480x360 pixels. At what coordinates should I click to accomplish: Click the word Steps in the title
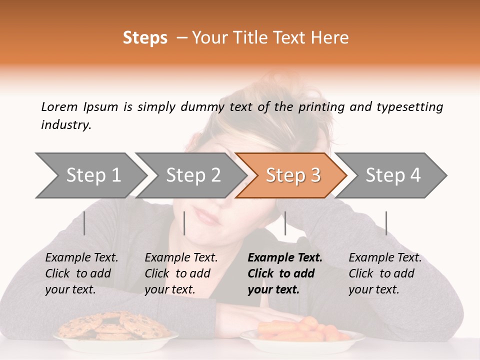coord(145,38)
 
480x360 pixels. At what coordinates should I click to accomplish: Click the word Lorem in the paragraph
coord(59,106)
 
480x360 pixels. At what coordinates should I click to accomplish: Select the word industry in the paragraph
coord(66,125)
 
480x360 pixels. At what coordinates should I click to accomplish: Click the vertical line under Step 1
coord(84,223)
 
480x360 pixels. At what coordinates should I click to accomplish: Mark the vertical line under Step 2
coord(184,223)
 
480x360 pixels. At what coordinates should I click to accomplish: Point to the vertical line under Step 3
coord(285,223)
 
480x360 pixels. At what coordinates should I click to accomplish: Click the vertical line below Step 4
coord(386,223)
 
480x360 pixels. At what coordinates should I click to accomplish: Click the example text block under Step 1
coord(81,273)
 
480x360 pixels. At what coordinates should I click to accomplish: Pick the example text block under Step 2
coord(181,273)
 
